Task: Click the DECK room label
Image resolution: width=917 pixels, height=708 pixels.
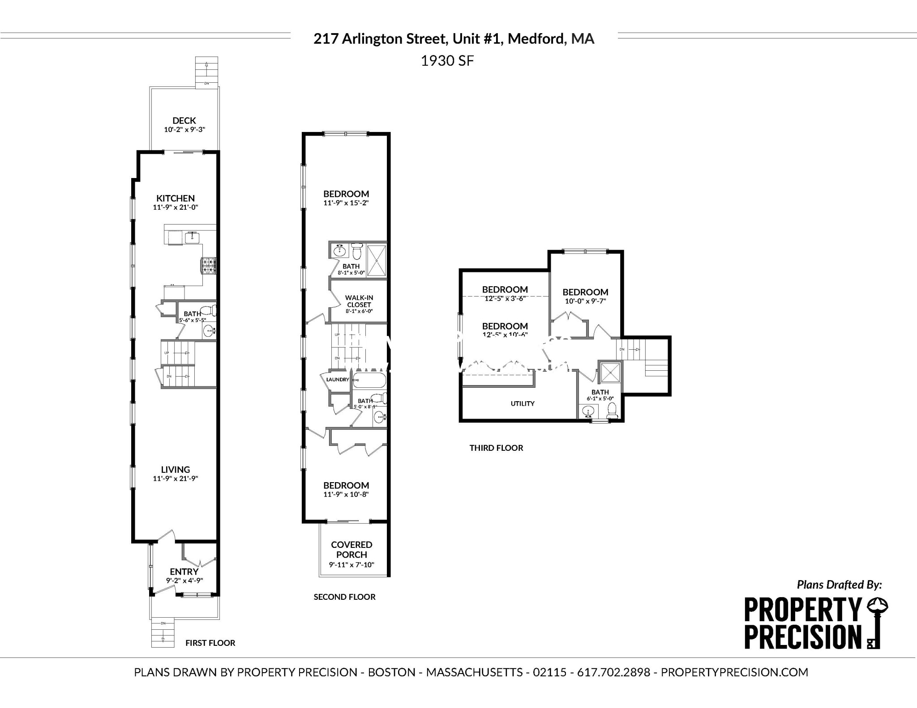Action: click(x=184, y=120)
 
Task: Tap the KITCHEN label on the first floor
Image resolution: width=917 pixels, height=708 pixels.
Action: click(x=175, y=198)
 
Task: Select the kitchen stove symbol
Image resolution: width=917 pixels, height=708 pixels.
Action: click(x=208, y=266)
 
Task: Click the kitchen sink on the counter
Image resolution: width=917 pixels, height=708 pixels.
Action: click(x=193, y=237)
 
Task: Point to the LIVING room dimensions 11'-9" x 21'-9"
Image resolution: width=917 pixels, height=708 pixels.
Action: click(x=175, y=479)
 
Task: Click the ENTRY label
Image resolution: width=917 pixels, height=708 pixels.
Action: click(x=184, y=572)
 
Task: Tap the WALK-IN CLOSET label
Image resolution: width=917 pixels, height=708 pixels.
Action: click(x=359, y=301)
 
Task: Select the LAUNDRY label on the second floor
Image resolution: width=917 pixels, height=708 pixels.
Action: click(x=337, y=380)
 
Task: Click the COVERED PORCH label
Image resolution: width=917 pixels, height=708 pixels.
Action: click(x=351, y=550)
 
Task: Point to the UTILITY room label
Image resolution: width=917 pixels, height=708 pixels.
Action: click(x=523, y=403)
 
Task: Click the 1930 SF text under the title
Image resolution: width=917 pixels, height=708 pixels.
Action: click(x=447, y=61)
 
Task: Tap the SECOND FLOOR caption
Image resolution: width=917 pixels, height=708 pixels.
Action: click(x=344, y=597)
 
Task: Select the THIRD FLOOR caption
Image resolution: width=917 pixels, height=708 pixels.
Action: click(x=496, y=448)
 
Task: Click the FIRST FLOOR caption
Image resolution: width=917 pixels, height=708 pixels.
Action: click(x=210, y=643)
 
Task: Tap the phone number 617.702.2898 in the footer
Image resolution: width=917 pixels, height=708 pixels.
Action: click(x=613, y=672)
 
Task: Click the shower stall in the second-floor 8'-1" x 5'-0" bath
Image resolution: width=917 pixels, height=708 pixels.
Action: click(x=376, y=260)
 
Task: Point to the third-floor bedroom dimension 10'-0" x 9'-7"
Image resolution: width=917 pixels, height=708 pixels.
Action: click(x=585, y=301)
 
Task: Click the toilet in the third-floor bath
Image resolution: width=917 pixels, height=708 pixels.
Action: click(x=612, y=411)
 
